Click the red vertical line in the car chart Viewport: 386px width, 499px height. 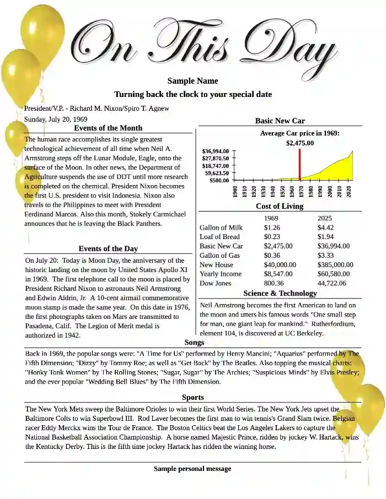click(299, 164)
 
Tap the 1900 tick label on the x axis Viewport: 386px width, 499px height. click(235, 191)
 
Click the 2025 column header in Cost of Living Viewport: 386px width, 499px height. click(325, 218)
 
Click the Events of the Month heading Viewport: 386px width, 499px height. click(108, 128)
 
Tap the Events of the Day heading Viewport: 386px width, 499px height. click(108, 249)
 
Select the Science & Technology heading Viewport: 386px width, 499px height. click(280, 294)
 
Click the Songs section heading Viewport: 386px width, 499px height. click(194, 343)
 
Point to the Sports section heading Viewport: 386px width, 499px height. click(193, 397)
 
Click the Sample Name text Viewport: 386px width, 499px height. click(193, 81)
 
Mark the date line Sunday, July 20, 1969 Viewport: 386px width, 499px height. click(56, 119)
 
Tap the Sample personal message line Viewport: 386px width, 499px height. click(192, 469)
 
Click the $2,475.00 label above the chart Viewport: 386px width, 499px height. click(299, 143)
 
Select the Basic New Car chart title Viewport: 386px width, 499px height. click(280, 121)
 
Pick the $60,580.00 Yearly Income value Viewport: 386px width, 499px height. click(335, 274)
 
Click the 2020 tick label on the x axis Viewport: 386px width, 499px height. click(349, 191)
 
